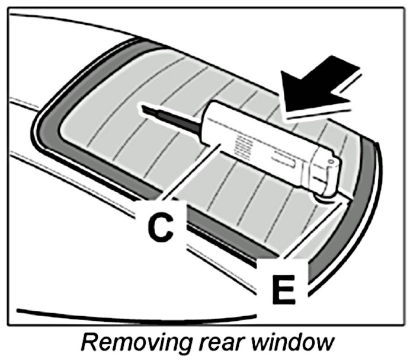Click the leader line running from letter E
[x=308, y=231]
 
